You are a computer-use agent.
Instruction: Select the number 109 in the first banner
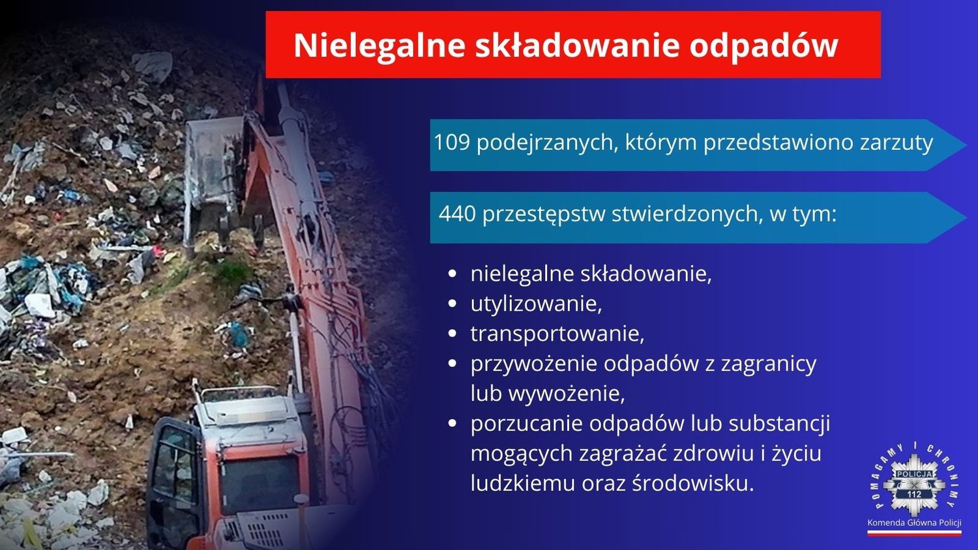click(x=451, y=142)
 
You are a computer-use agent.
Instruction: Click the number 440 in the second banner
click(x=457, y=214)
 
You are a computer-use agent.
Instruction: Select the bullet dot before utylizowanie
click(x=453, y=304)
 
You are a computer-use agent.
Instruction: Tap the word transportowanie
click(x=557, y=334)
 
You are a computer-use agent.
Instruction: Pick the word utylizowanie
click(x=536, y=304)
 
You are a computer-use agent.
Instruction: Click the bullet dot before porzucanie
click(x=453, y=424)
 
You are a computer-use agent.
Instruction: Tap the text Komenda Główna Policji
click(x=914, y=523)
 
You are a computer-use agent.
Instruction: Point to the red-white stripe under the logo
click(x=914, y=533)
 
